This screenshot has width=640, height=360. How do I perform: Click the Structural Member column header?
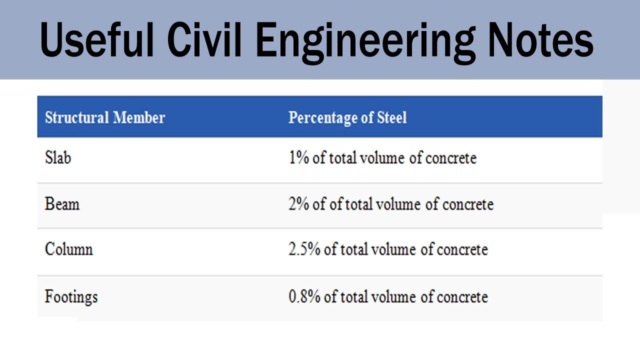(x=105, y=118)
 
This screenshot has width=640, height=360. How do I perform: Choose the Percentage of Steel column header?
(x=347, y=118)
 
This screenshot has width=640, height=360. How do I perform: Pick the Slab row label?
(x=58, y=158)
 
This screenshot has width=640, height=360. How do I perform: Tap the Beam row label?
(x=62, y=204)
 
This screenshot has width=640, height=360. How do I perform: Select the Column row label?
(x=69, y=249)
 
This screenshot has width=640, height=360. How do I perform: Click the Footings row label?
(x=71, y=297)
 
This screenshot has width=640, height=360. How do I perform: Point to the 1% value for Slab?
(x=298, y=158)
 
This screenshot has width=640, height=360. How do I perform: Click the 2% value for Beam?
(x=299, y=204)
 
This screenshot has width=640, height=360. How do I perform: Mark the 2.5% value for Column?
(x=304, y=249)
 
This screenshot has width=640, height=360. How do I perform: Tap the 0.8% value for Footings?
(x=304, y=296)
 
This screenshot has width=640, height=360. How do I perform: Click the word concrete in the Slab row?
(x=450, y=158)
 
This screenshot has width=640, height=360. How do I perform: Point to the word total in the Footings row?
(x=355, y=296)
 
